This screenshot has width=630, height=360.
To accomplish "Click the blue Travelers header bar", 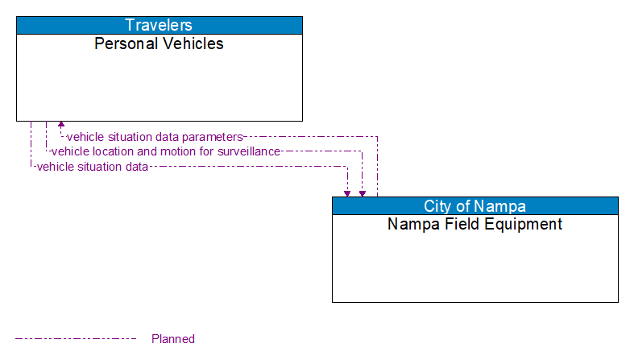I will [x=159, y=25].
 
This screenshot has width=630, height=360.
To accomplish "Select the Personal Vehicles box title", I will [x=159, y=43].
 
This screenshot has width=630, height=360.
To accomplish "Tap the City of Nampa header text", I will [x=475, y=205].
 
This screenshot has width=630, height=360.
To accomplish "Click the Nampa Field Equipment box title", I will [x=475, y=224].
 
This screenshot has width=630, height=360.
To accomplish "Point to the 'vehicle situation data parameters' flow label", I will [x=154, y=137].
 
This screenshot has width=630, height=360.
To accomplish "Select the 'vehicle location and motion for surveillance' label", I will [x=165, y=151].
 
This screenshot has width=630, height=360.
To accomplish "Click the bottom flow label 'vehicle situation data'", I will [x=92, y=167].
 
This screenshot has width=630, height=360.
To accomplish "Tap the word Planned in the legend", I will [x=173, y=339].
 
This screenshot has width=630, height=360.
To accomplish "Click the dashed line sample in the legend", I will [x=76, y=339].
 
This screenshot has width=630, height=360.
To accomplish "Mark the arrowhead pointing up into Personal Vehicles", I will [x=61, y=126].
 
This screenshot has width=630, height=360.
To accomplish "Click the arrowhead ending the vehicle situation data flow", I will [x=347, y=192].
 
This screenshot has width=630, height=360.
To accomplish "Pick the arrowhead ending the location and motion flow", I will [x=363, y=192].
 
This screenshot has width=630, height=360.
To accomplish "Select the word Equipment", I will [x=524, y=224].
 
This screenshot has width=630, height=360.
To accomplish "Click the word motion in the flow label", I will [x=161, y=151].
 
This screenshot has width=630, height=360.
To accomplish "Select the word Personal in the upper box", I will [x=124, y=43].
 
